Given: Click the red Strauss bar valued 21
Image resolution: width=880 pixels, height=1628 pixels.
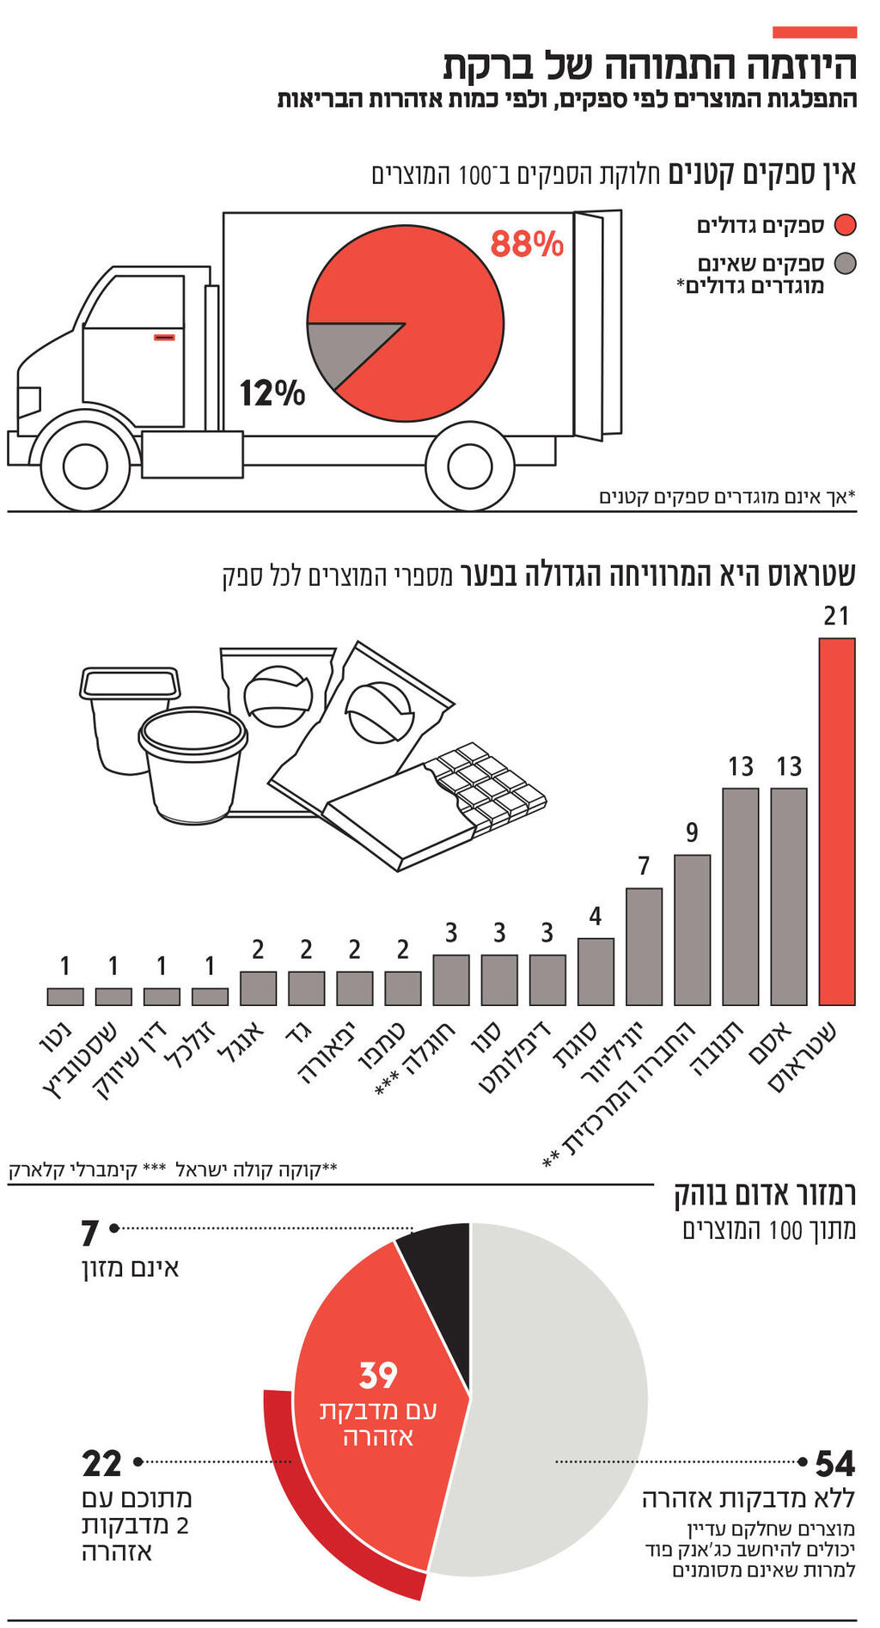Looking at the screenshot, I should click(836, 820).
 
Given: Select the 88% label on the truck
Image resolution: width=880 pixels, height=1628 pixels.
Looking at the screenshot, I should click(527, 244).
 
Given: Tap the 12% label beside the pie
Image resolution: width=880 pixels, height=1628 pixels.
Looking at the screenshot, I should click(272, 393).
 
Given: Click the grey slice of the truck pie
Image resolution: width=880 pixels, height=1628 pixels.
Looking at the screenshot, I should click(344, 348).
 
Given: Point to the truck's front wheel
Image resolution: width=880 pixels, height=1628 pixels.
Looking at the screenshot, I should click(85, 465).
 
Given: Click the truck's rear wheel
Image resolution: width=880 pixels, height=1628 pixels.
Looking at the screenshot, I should click(469, 465).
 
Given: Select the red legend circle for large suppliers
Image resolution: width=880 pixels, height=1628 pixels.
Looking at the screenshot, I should click(846, 225).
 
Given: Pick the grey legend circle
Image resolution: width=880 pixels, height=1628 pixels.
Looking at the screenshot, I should click(846, 263).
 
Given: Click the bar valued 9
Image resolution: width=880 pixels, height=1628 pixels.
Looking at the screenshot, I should click(692, 930).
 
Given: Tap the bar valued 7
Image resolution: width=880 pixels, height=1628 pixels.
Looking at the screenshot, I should click(644, 946).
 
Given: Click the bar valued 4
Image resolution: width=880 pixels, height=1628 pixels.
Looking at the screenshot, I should click(596, 971).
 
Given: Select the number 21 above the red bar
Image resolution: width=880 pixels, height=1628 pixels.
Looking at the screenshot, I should click(835, 616).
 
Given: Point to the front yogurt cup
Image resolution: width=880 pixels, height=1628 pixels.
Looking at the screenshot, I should click(192, 765).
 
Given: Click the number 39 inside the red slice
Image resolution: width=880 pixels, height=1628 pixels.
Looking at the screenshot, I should click(378, 1375).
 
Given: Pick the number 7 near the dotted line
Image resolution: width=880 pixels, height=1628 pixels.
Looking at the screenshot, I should click(90, 1234).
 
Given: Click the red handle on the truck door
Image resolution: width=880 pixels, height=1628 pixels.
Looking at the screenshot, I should click(164, 337).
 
